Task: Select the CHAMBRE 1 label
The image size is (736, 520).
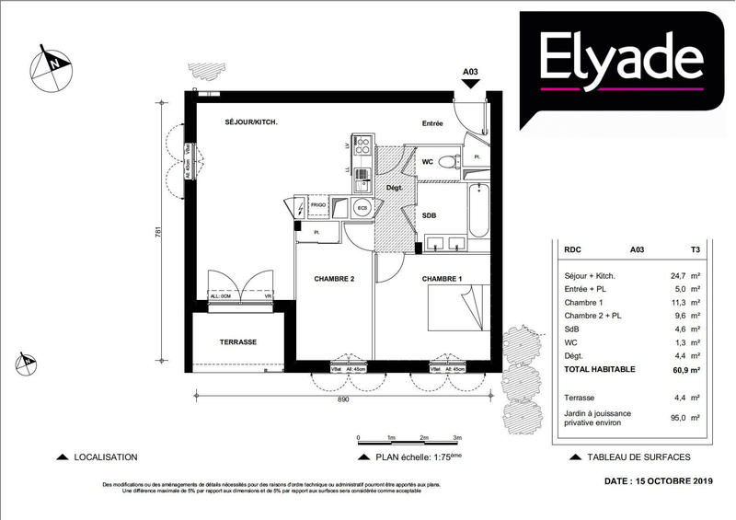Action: pyautogui.click(x=443, y=278)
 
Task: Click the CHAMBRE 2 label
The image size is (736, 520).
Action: pyautogui.click(x=334, y=278)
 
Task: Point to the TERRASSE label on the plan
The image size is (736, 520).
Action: pyautogui.click(x=237, y=341)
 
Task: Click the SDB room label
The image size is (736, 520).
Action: pyautogui.click(x=429, y=215)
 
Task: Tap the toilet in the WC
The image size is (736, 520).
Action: pyautogui.click(x=448, y=162)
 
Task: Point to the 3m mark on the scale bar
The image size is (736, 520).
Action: pyautogui.click(x=457, y=437)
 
